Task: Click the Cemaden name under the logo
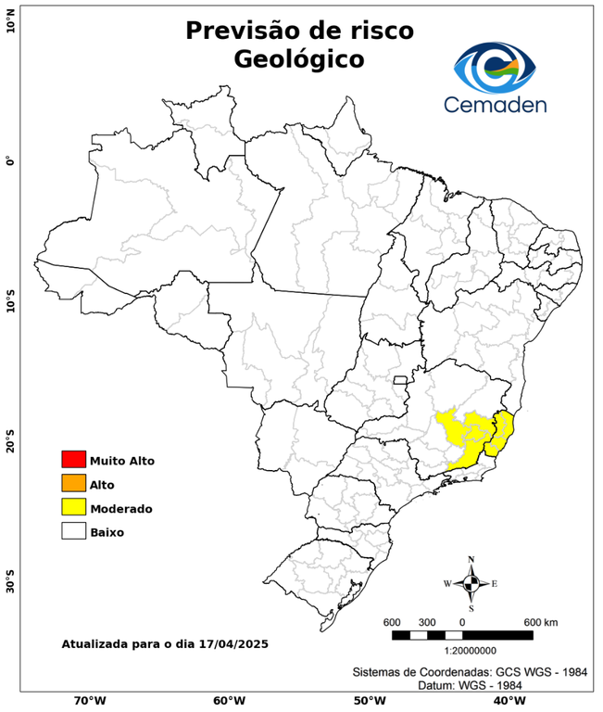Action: [x=495, y=104]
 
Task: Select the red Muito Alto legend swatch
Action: [x=73, y=460]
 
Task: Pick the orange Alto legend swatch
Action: [x=73, y=484]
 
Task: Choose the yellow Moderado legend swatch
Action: [x=73, y=508]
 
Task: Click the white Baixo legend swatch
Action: [x=73, y=532]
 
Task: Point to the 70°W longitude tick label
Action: [x=89, y=701]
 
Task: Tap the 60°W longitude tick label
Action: [x=229, y=701]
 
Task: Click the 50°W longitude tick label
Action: [x=368, y=701]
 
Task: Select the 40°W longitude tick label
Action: [x=507, y=701]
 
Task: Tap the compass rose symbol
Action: [x=471, y=583]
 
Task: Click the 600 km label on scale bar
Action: [x=541, y=621]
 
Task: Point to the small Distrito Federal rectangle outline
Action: [x=401, y=379]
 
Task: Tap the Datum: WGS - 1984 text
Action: [x=469, y=685]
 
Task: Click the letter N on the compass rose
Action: [x=471, y=559]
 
